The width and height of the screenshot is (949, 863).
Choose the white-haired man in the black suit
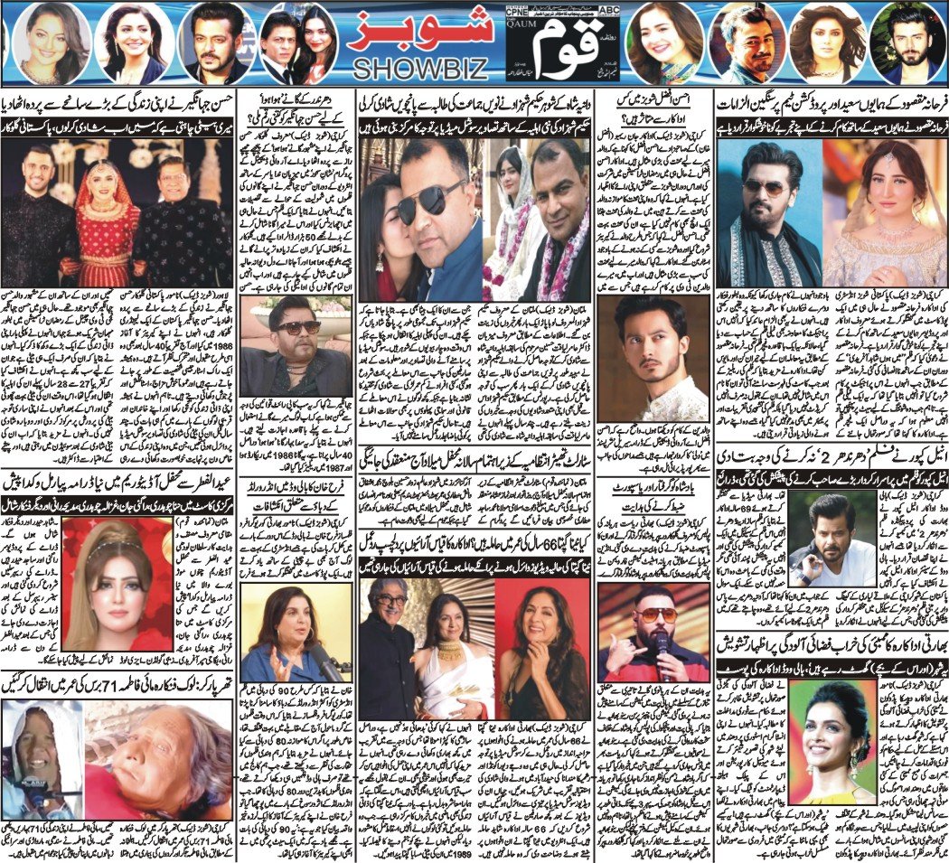tap(390, 633)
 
